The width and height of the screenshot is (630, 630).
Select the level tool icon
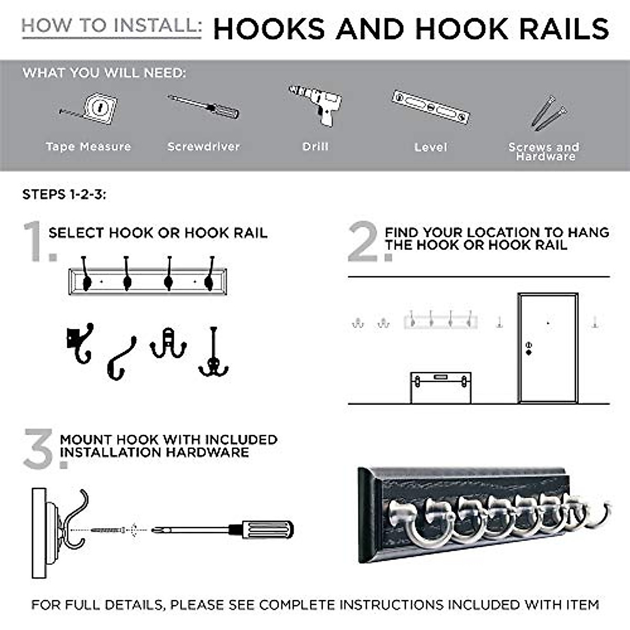430,107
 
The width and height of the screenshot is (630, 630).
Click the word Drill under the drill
315,146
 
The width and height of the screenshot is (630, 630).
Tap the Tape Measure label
88,146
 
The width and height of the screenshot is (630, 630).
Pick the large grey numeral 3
39,449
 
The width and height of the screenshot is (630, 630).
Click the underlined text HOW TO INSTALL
111,26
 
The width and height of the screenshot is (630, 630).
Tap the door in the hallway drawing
548,348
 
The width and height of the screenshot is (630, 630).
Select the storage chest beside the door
440,387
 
